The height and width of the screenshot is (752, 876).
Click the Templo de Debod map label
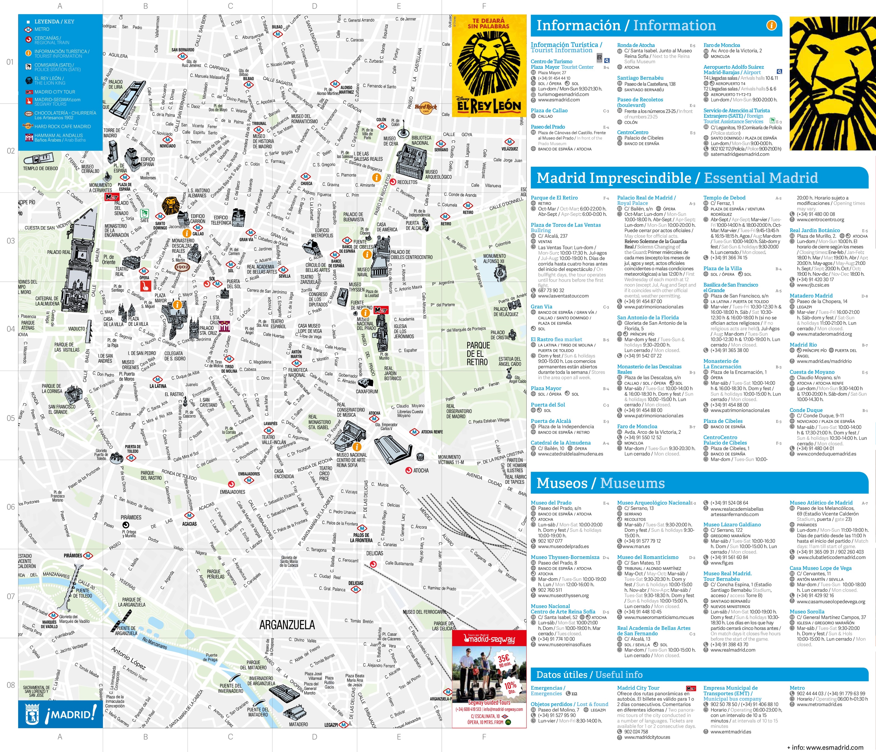pyautogui.click(x=41, y=168)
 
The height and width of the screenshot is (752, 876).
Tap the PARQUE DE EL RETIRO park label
pyautogui.click(x=478, y=353)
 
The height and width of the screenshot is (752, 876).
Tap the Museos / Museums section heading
pyautogui.click(x=600, y=483)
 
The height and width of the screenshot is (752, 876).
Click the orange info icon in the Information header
pyautogui.click(x=771, y=25)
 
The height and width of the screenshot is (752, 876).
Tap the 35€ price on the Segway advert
pyautogui.click(x=504, y=659)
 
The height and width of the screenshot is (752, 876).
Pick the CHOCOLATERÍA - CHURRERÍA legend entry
pyautogui.click(x=65, y=113)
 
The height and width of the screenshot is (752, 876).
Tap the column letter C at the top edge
pyautogui.click(x=230, y=6)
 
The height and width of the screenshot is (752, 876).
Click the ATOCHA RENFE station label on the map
pyautogui.click(x=432, y=432)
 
